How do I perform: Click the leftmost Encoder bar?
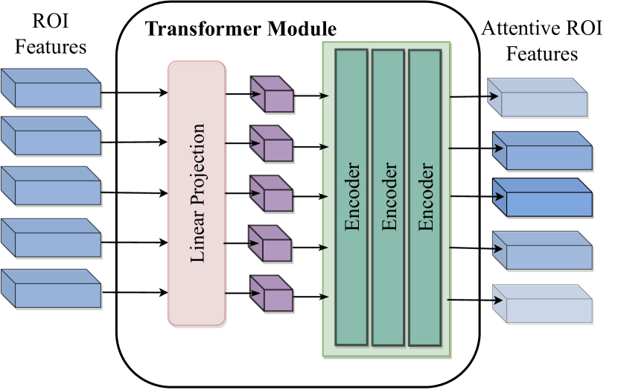click(x=351, y=198)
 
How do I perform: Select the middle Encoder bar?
click(x=388, y=198)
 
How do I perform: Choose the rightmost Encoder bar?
click(x=424, y=198)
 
